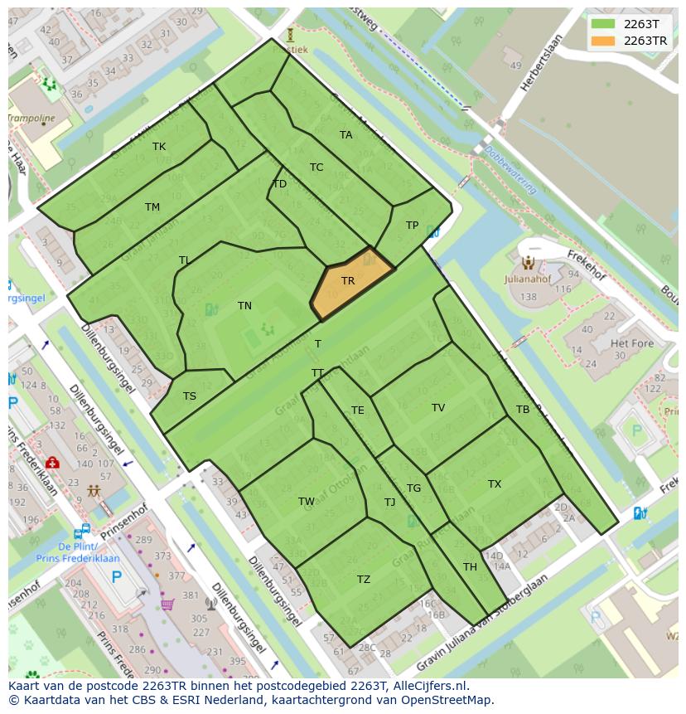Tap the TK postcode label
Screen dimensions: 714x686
tap(159, 147)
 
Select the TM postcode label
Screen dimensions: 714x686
tap(152, 207)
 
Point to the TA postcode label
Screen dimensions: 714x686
tap(346, 135)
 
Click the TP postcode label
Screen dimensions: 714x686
tap(412, 226)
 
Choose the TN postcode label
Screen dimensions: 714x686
tap(244, 306)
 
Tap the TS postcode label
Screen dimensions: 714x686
tap(190, 396)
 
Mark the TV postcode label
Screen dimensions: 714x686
tap(438, 408)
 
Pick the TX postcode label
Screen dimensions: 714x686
tap(495, 484)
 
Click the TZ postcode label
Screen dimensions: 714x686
tap(364, 580)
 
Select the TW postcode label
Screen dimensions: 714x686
tap(307, 502)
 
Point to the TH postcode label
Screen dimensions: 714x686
tap(470, 567)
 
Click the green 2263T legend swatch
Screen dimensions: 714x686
tap(602, 24)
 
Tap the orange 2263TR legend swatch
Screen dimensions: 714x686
tap(602, 41)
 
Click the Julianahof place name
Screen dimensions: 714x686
tap(528, 279)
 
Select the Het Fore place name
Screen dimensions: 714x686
tap(632, 343)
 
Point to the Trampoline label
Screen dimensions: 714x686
tap(31, 119)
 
